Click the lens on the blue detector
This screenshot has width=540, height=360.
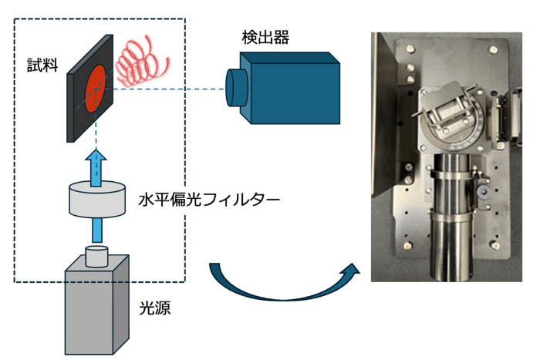click(x=234, y=87)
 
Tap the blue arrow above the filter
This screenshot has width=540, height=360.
click(x=96, y=167)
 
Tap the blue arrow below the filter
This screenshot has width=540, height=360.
click(x=96, y=230)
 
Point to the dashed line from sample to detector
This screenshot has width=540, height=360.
click(x=170, y=89)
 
